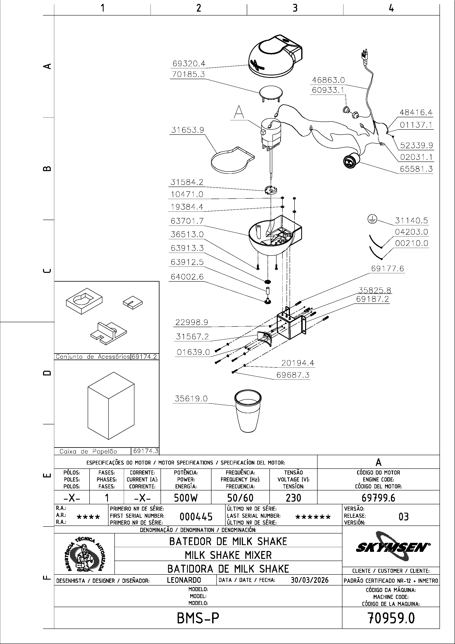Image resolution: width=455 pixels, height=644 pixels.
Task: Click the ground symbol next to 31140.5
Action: click(372, 220)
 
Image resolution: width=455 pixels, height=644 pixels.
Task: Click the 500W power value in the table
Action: click(186, 498)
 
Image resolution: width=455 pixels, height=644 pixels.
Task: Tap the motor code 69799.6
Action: click(378, 498)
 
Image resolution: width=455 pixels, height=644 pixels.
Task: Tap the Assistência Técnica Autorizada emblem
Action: click(84, 554)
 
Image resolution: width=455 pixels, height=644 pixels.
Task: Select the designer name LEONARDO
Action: click(184, 580)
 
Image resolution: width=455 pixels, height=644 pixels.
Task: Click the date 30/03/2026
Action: click(309, 580)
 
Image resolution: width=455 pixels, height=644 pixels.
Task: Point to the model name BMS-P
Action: click(198, 618)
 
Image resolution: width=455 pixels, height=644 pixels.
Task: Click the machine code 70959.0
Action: click(391, 618)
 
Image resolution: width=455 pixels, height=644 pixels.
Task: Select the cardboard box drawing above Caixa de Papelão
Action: click(111, 405)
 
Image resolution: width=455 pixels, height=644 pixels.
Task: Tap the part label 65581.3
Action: click(416, 169)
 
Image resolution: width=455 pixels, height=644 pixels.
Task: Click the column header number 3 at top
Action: click(295, 8)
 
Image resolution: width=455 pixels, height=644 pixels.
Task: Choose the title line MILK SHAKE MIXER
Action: click(228, 555)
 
